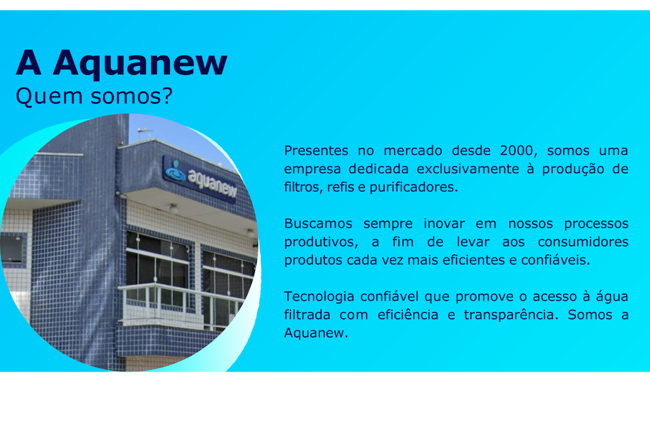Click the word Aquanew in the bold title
(140, 64)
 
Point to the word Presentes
(316, 151)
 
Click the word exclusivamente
(468, 169)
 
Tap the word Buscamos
(318, 224)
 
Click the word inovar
(444, 224)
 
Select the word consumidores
(583, 242)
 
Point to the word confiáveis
(556, 260)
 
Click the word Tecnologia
(319, 297)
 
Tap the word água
(612, 297)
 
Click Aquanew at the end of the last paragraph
(316, 333)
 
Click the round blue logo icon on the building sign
(175, 171)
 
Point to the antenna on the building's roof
(144, 133)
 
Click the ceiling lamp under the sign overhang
(174, 208)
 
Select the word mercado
(413, 151)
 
